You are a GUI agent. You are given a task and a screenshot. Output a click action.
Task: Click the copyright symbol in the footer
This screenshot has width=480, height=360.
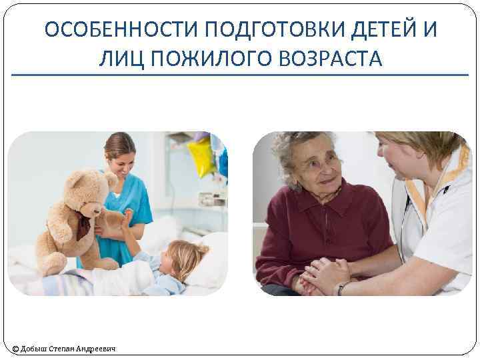15,348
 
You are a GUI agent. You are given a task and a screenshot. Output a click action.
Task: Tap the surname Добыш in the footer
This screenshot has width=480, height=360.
35,348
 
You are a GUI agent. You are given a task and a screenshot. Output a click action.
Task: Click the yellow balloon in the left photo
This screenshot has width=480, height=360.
201,157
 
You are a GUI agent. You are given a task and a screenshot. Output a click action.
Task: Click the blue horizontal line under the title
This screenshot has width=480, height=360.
240,75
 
